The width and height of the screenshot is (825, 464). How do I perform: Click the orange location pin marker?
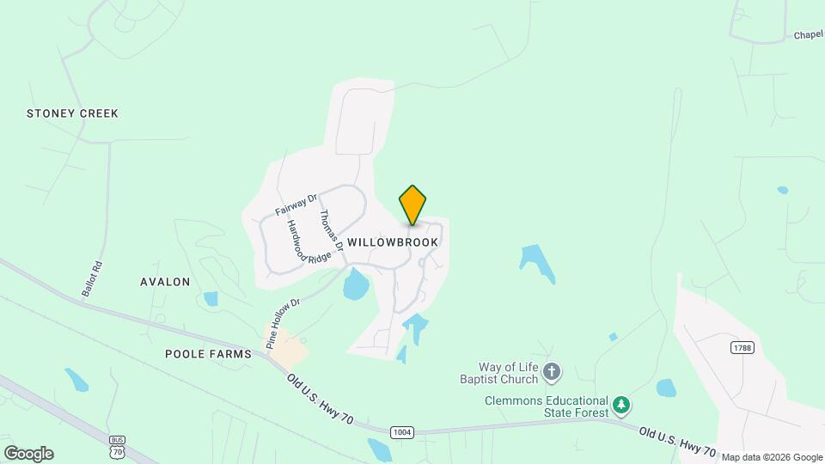click(x=412, y=205)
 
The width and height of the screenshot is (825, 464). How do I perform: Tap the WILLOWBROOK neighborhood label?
click(x=393, y=242)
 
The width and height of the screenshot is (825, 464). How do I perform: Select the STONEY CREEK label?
click(x=72, y=113)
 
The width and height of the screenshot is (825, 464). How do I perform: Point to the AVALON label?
click(x=165, y=282)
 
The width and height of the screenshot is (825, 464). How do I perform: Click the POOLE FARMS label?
click(x=209, y=354)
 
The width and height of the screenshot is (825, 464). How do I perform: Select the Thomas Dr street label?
click(x=331, y=230)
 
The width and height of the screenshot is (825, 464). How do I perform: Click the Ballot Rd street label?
click(x=92, y=278)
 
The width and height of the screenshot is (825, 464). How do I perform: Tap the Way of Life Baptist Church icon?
click(x=552, y=372)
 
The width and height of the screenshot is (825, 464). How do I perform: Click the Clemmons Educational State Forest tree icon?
click(x=621, y=404)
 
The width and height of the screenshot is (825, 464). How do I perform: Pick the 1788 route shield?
click(x=742, y=347)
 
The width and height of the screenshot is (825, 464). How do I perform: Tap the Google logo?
click(x=28, y=454)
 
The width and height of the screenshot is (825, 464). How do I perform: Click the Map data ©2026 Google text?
click(x=772, y=457)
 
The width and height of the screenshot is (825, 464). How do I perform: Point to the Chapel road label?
click(x=809, y=35)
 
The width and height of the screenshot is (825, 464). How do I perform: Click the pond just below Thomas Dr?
click(x=355, y=284)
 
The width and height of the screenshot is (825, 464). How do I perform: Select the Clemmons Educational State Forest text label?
click(x=546, y=406)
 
